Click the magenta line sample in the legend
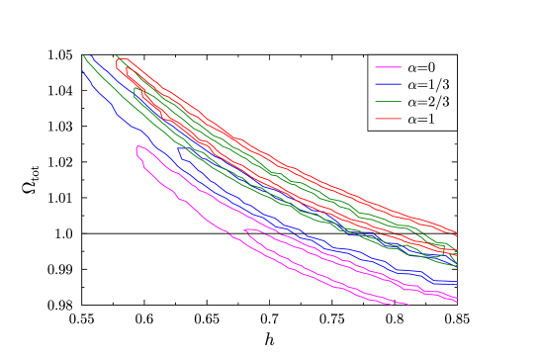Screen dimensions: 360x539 pos(388,67)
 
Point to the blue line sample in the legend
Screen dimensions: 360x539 pos(388,85)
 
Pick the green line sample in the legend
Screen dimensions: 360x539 pos(388,102)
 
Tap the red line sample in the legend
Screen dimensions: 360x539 pos(388,120)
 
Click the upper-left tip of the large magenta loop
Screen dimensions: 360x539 pos(137,147)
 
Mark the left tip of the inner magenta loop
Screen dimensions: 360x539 pos(243,231)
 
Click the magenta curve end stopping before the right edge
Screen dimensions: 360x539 pos(408,305)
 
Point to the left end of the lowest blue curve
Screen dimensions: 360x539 pos(83,70)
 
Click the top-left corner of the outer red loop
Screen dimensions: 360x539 pos(117,57)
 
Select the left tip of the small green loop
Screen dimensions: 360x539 pos(134,87)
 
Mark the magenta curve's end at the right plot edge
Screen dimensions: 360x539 pos(456,299)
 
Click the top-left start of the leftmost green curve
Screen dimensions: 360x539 pos(83,55)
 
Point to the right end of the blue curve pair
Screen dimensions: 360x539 pos(456,277)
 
